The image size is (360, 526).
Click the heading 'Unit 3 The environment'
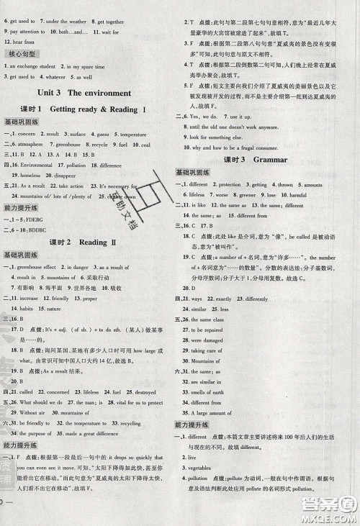(88, 93)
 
